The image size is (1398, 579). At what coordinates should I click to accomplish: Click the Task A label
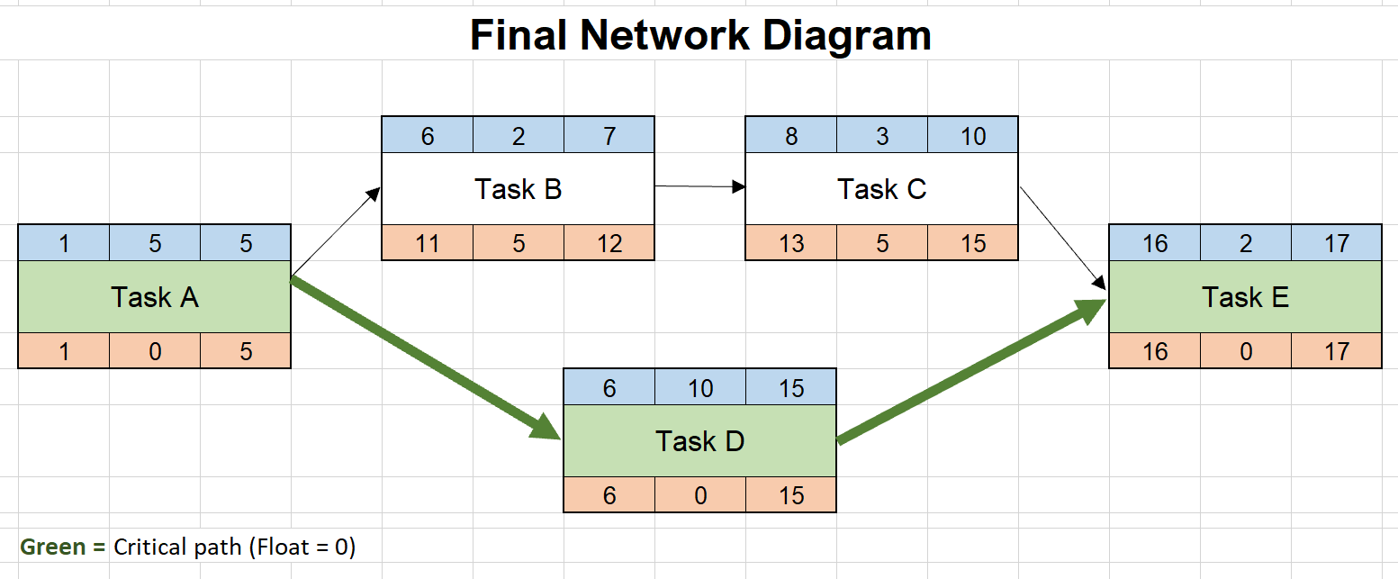(155, 297)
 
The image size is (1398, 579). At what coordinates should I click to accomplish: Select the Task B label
(518, 189)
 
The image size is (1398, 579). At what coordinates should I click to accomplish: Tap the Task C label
(881, 189)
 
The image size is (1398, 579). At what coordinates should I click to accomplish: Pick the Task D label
(699, 441)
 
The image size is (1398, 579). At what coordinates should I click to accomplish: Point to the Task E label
(1245, 297)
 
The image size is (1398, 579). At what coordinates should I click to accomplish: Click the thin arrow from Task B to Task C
(699, 186)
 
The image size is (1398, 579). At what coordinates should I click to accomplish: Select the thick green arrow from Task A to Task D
(426, 358)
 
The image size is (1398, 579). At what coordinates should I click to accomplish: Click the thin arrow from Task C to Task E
(1063, 238)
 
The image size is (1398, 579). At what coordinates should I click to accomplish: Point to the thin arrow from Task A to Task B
(336, 231)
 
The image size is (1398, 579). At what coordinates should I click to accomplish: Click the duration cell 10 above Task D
(700, 388)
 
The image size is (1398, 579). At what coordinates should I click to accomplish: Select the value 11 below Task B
(428, 244)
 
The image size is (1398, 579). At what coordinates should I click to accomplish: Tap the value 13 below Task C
(791, 244)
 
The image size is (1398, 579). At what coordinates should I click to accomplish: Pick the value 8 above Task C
(791, 136)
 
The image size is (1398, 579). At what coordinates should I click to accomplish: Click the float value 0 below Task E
(1246, 352)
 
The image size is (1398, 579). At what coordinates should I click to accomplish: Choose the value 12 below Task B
(609, 244)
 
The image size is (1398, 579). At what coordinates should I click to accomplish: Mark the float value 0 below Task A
(155, 352)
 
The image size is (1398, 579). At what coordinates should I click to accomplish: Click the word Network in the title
(664, 35)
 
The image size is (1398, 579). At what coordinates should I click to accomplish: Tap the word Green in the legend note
(52, 547)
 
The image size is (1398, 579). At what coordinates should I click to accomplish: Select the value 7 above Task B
(609, 136)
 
